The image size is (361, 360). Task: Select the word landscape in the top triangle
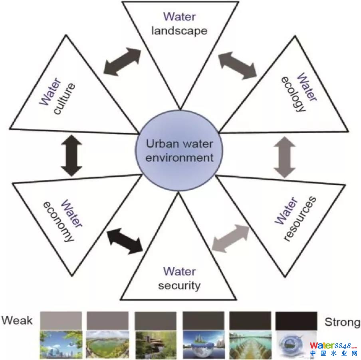click(179, 31)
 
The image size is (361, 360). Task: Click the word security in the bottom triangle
click(179, 286)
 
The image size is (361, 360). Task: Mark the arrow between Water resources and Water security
click(230, 238)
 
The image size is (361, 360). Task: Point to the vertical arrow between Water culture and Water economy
click(73, 156)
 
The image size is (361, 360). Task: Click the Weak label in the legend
click(17, 320)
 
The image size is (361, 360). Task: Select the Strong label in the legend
click(342, 322)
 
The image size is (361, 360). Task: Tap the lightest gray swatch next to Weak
click(61, 321)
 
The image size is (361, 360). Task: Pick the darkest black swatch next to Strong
click(296, 321)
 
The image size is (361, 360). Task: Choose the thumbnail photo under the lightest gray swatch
click(61, 344)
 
